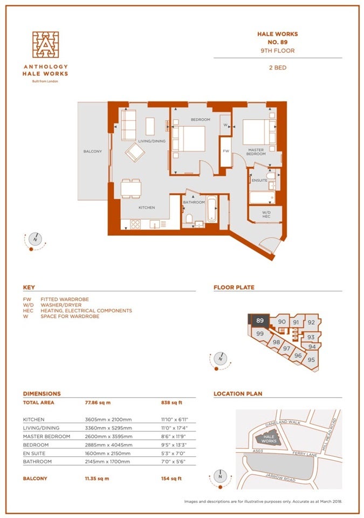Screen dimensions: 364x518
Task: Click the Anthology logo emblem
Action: [46, 45]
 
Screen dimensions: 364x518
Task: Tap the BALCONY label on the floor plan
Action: [93, 151]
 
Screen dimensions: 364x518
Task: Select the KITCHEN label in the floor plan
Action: [147, 207]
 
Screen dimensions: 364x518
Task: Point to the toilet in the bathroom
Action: [189, 219]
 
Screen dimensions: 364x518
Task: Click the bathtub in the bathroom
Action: [211, 209]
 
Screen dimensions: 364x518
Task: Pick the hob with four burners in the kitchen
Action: [135, 224]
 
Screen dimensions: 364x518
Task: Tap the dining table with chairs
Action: [131, 188]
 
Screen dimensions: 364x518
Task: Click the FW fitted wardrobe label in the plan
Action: [226, 151]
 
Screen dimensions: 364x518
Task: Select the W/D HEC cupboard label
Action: [266, 214]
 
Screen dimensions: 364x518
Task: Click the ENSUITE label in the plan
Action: [259, 180]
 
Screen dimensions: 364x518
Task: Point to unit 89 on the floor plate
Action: [260, 321]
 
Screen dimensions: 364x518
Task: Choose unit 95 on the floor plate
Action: [311, 360]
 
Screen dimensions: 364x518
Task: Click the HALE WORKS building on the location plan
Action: [269, 438]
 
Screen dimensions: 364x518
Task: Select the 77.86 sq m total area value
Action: [98, 403]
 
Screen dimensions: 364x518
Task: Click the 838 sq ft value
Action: [171, 403]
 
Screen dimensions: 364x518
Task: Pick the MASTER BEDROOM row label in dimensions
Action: [46, 437]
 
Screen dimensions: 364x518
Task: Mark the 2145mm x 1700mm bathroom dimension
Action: [107, 461]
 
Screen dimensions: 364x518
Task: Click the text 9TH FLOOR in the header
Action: [278, 51]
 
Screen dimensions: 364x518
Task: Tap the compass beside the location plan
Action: [220, 477]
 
